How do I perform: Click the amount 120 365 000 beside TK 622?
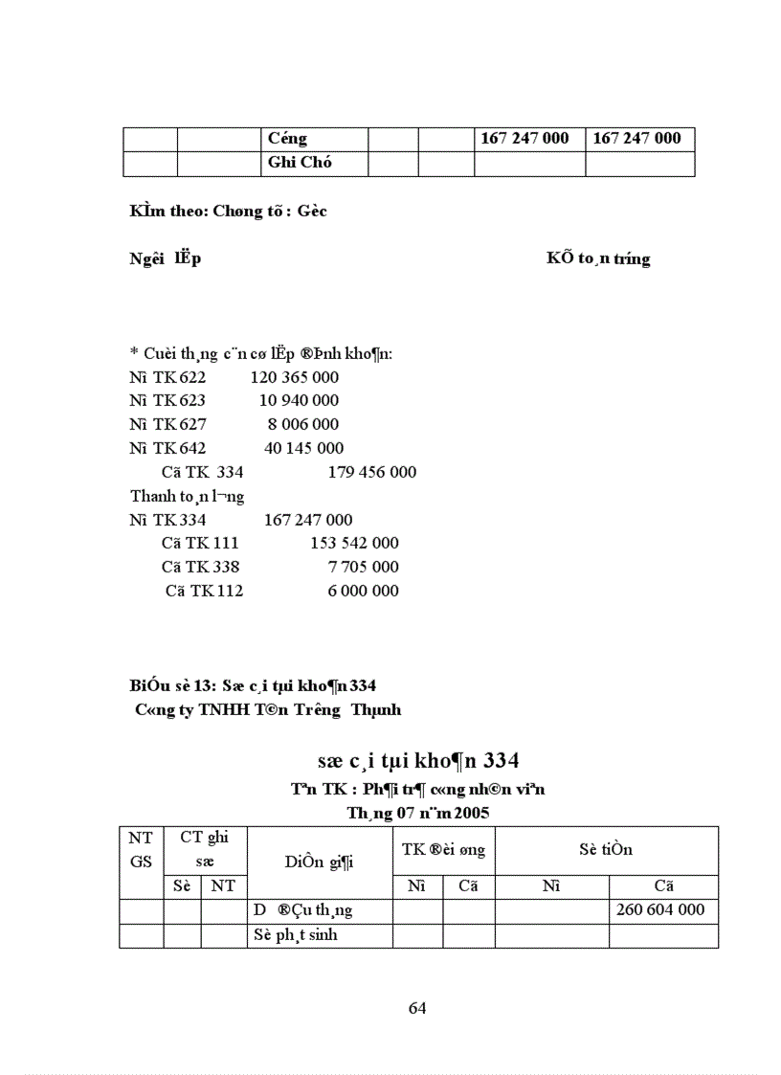(294, 377)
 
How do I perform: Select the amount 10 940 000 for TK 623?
(299, 401)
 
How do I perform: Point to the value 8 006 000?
(302, 424)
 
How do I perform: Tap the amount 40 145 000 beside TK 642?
(303, 448)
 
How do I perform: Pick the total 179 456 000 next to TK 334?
(371, 472)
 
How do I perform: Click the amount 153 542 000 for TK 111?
(354, 543)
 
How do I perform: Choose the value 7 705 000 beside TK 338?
(363, 567)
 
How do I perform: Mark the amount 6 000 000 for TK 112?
(363, 591)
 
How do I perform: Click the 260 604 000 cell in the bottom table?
(662, 909)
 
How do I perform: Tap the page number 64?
(417, 1008)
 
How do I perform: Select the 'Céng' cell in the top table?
(288, 139)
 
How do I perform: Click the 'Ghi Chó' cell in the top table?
(301, 163)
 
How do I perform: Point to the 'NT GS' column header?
(141, 850)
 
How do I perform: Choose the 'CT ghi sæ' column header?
(205, 850)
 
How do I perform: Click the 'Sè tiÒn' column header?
(605, 850)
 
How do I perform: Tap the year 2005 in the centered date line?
(471, 814)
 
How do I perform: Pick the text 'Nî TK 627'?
(167, 424)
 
